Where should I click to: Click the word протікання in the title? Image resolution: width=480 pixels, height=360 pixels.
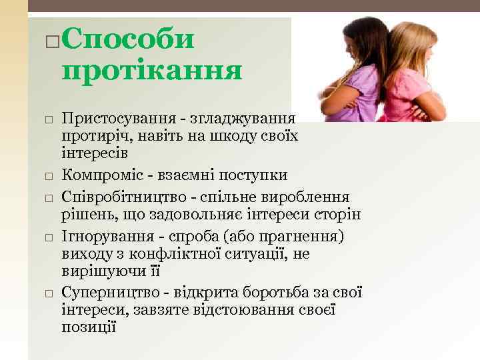151,69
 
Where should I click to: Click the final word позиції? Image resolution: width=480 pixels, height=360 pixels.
89,327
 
